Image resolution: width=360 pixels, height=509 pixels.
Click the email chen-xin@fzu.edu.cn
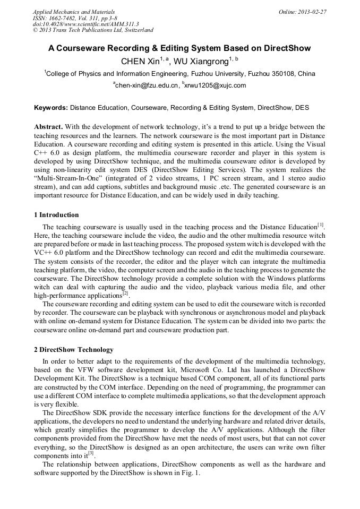point(147,85)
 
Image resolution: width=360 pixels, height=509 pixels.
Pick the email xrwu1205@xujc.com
point(216,85)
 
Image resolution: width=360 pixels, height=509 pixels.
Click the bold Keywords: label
point(51,108)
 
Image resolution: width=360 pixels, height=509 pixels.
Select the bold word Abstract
point(48,127)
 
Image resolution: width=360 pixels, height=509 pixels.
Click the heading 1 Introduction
point(56,215)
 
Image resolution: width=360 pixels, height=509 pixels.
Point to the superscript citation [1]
point(321,225)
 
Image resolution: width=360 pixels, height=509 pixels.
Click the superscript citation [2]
point(125,293)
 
